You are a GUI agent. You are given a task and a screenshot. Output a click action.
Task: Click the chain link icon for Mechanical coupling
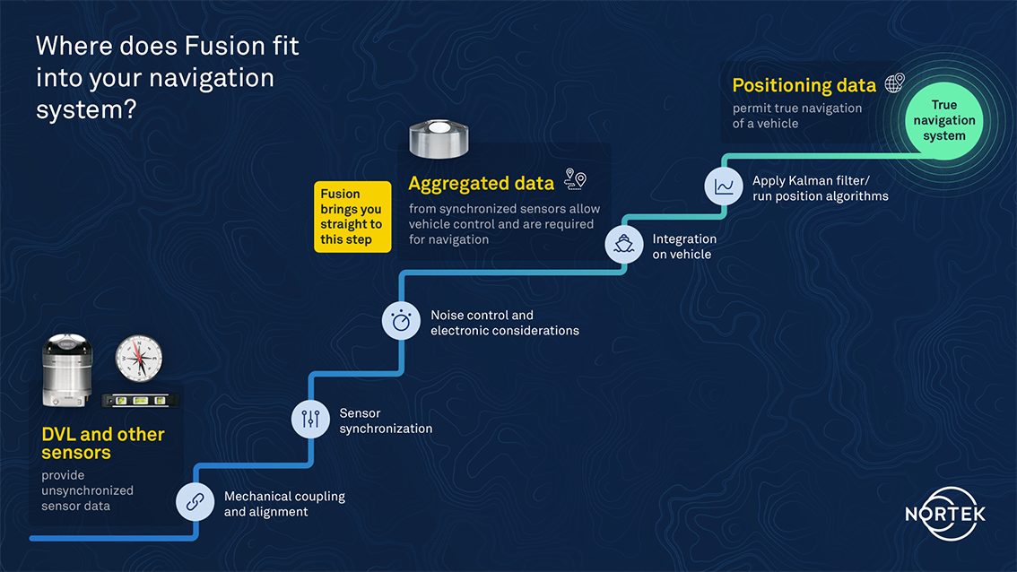pos(196,501)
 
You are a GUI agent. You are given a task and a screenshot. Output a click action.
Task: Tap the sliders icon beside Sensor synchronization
pos(310,419)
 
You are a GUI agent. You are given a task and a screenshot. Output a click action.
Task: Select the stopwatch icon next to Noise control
pos(401,320)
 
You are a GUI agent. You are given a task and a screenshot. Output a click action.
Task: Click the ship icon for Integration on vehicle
pos(624,245)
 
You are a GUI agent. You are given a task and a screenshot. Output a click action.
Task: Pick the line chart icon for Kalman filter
pos(724,186)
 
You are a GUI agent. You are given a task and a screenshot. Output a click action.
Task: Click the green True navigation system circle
pos(944,121)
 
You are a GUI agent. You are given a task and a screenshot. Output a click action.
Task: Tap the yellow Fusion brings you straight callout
pos(352,217)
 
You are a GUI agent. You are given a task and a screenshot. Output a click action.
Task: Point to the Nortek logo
pos(945,514)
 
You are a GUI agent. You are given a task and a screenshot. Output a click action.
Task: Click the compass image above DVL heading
pos(139,359)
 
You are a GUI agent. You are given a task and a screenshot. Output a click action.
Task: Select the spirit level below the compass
pos(140,401)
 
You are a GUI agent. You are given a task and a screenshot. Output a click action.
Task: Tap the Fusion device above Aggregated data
pos(439,139)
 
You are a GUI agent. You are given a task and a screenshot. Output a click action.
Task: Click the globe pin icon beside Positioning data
pos(895,83)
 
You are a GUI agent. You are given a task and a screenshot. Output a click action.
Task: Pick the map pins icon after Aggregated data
pos(575,179)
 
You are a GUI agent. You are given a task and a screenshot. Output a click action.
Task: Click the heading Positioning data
pos(804,85)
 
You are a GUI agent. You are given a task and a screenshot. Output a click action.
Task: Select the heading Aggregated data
pos(482,184)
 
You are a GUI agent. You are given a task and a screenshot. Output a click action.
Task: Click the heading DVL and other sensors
pos(103,444)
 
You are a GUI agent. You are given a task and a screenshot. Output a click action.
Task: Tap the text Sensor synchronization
pos(386,420)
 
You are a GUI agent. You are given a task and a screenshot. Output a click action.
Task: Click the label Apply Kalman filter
pos(811,181)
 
